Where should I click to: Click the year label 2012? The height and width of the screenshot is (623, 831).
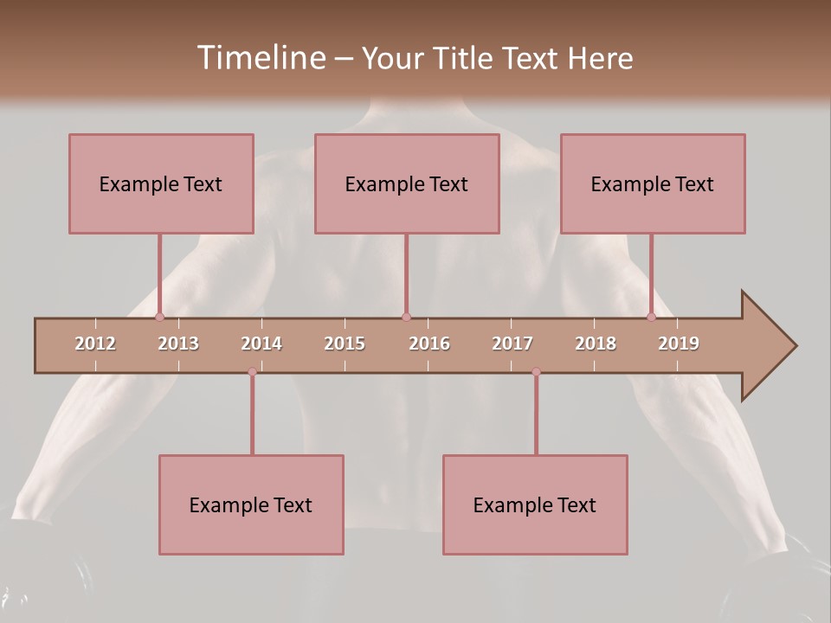click(x=95, y=344)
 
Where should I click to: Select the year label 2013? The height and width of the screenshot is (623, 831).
click(x=178, y=344)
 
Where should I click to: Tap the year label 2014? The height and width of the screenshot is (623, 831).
click(x=261, y=344)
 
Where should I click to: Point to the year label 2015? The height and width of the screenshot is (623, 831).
click(x=345, y=344)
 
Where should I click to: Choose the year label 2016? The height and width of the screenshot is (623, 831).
click(x=429, y=344)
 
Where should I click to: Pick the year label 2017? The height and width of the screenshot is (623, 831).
click(x=512, y=344)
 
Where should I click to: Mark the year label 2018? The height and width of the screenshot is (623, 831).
click(x=596, y=344)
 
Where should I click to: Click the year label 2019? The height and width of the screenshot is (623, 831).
click(x=679, y=344)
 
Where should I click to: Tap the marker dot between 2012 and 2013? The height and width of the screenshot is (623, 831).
click(x=159, y=318)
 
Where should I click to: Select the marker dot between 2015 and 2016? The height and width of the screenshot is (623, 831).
click(x=406, y=318)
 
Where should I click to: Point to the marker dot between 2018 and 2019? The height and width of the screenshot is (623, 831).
click(x=652, y=318)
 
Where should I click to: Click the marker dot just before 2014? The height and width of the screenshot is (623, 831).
click(x=252, y=372)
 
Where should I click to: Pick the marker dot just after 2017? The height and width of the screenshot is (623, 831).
click(x=536, y=372)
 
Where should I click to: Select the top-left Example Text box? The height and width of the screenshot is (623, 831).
click(x=161, y=183)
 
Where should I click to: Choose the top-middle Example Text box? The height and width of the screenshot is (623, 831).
click(x=407, y=183)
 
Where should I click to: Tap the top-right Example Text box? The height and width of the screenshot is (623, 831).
click(x=653, y=183)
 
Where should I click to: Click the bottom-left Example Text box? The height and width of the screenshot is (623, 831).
click(x=251, y=504)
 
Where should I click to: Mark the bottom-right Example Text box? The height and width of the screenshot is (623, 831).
click(x=535, y=504)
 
